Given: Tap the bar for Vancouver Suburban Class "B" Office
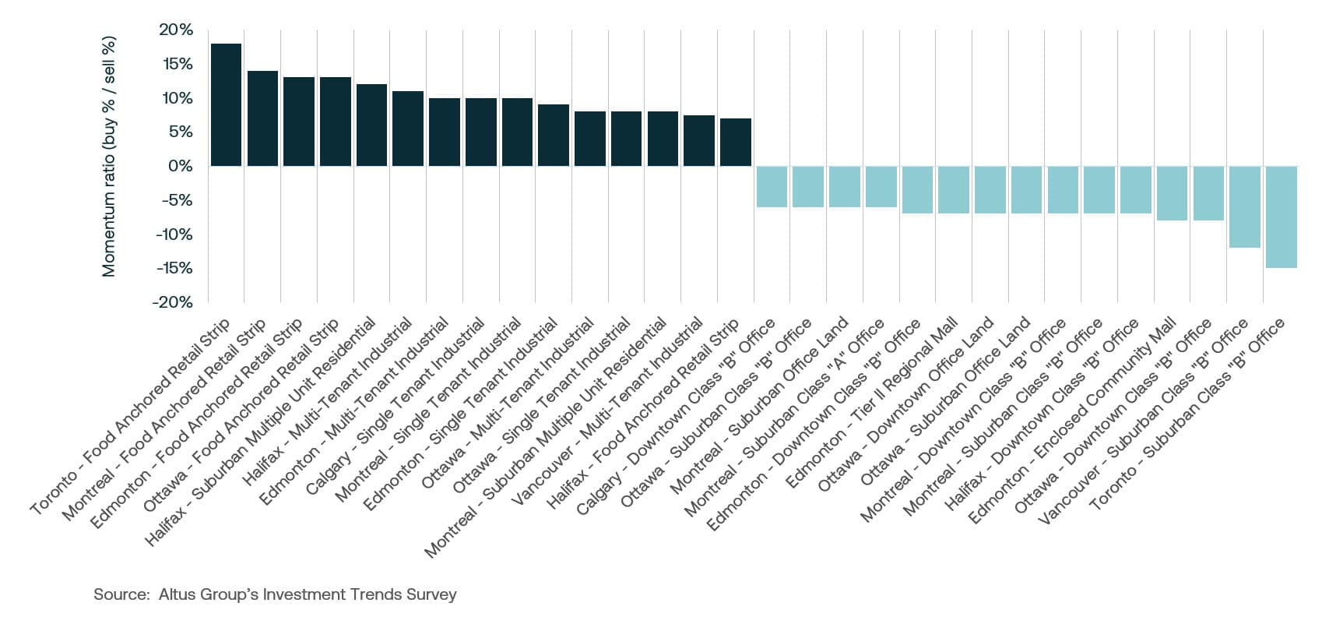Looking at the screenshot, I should coord(1244,206).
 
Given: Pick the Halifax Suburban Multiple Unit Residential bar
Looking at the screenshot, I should coord(371,125).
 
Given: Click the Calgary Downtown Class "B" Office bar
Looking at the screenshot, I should coord(772,186).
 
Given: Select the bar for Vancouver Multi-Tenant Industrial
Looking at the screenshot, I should coord(698,140).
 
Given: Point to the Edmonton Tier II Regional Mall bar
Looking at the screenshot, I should coord(953,189).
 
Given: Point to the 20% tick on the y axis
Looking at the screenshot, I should coord(175,30).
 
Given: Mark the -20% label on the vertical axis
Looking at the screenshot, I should coord(174,302).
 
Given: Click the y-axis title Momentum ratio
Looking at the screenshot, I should coord(109,156).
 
